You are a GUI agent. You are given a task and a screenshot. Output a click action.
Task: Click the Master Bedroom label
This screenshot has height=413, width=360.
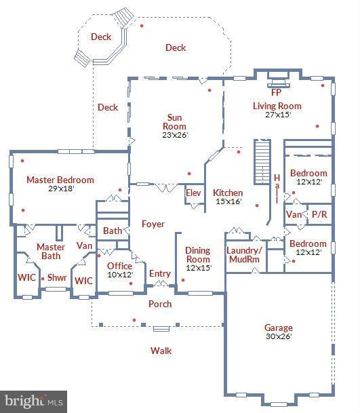pyautogui.click(x=60, y=180)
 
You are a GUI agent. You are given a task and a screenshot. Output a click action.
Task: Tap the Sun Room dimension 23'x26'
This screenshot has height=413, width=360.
pyautogui.click(x=174, y=135)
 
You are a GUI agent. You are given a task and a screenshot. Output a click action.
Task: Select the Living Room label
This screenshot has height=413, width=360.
pyautogui.click(x=277, y=106)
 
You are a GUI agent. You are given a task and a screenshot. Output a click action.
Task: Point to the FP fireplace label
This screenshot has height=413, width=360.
pyautogui.click(x=276, y=92)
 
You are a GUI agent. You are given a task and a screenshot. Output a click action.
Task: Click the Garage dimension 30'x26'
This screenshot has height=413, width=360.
pyautogui.click(x=278, y=337)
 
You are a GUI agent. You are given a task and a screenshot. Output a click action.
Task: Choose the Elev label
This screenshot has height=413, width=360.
pyautogui.click(x=193, y=193)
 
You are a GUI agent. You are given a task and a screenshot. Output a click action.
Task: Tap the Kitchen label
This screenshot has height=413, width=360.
pyautogui.click(x=227, y=193)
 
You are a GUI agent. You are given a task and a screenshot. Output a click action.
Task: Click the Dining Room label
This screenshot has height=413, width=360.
pyautogui.click(x=198, y=255)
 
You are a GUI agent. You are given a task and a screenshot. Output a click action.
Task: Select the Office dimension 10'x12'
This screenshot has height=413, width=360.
pyautogui.click(x=119, y=275)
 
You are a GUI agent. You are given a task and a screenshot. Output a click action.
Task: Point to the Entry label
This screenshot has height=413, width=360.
pyautogui.click(x=160, y=273)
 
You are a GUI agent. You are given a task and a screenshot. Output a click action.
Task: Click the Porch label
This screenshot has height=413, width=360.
pyautogui.click(x=160, y=304)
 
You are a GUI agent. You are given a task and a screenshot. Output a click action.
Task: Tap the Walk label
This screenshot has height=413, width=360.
pyautogui.click(x=161, y=351)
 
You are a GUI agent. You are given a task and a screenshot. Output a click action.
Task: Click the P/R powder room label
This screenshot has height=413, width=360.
pyautogui.click(x=319, y=214)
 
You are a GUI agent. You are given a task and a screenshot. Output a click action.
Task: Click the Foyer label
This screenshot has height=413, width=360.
pyautogui.click(x=153, y=224)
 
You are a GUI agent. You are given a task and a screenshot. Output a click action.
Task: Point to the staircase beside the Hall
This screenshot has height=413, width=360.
pyautogui.click(x=262, y=163)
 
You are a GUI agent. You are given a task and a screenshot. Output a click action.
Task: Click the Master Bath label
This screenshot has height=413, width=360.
pyautogui.click(x=50, y=252)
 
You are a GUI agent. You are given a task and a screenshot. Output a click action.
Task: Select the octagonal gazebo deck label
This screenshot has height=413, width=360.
pyautogui.click(x=101, y=38)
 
